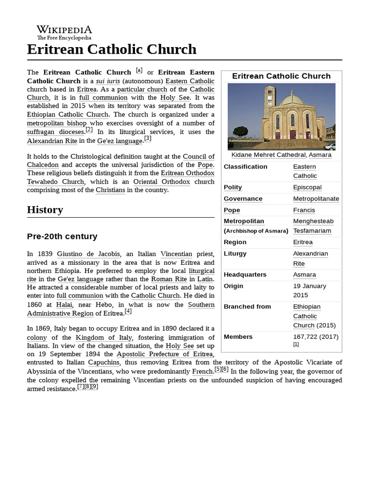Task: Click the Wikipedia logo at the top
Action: point(64,32)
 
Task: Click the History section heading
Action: point(45,209)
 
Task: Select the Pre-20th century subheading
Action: point(62,236)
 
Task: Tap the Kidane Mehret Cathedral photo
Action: point(281,117)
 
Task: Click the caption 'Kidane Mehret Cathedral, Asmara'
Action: point(281,155)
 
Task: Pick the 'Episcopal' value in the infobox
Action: point(307,187)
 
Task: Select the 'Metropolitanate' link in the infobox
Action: point(316,199)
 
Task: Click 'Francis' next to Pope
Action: point(304,210)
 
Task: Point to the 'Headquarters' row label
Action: point(245,275)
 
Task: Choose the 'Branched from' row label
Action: point(247,307)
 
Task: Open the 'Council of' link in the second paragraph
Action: point(198,157)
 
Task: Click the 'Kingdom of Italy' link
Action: point(103,338)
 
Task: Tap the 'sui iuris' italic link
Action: point(108,81)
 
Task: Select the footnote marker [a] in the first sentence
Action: point(139,70)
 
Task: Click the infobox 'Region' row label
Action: point(235,242)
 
